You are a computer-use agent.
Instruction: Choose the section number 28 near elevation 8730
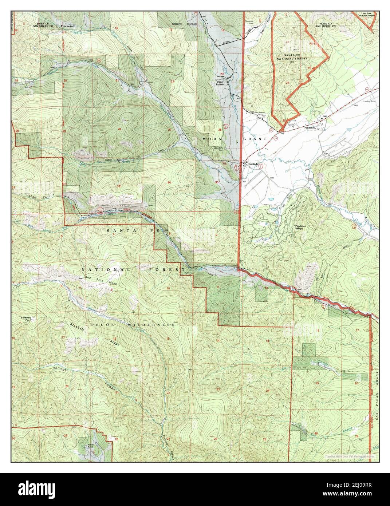pos(119,129)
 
